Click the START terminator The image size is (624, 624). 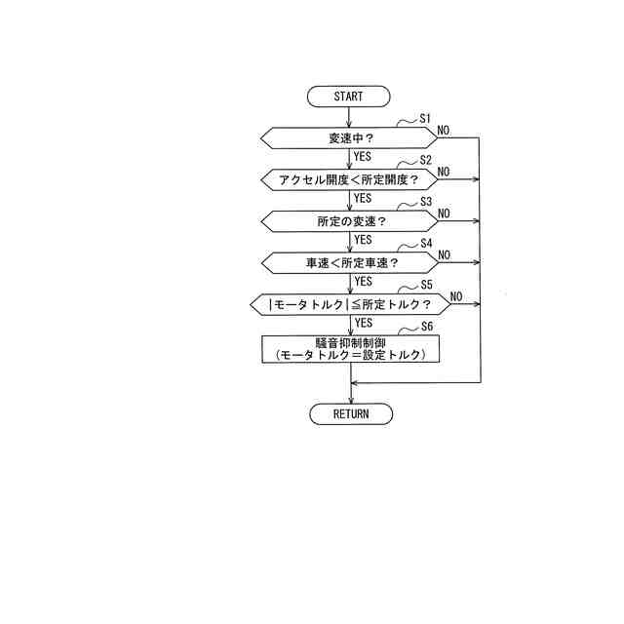348,96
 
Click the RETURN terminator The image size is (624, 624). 351,413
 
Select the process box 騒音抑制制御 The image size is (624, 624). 350,349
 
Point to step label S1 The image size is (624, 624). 425,118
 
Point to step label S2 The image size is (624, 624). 425,160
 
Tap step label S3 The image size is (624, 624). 425,202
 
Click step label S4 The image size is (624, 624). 425,243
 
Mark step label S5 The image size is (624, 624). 425,285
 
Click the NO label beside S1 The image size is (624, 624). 444,130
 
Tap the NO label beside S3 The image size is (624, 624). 444,213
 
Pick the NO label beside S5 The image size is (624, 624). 456,296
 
